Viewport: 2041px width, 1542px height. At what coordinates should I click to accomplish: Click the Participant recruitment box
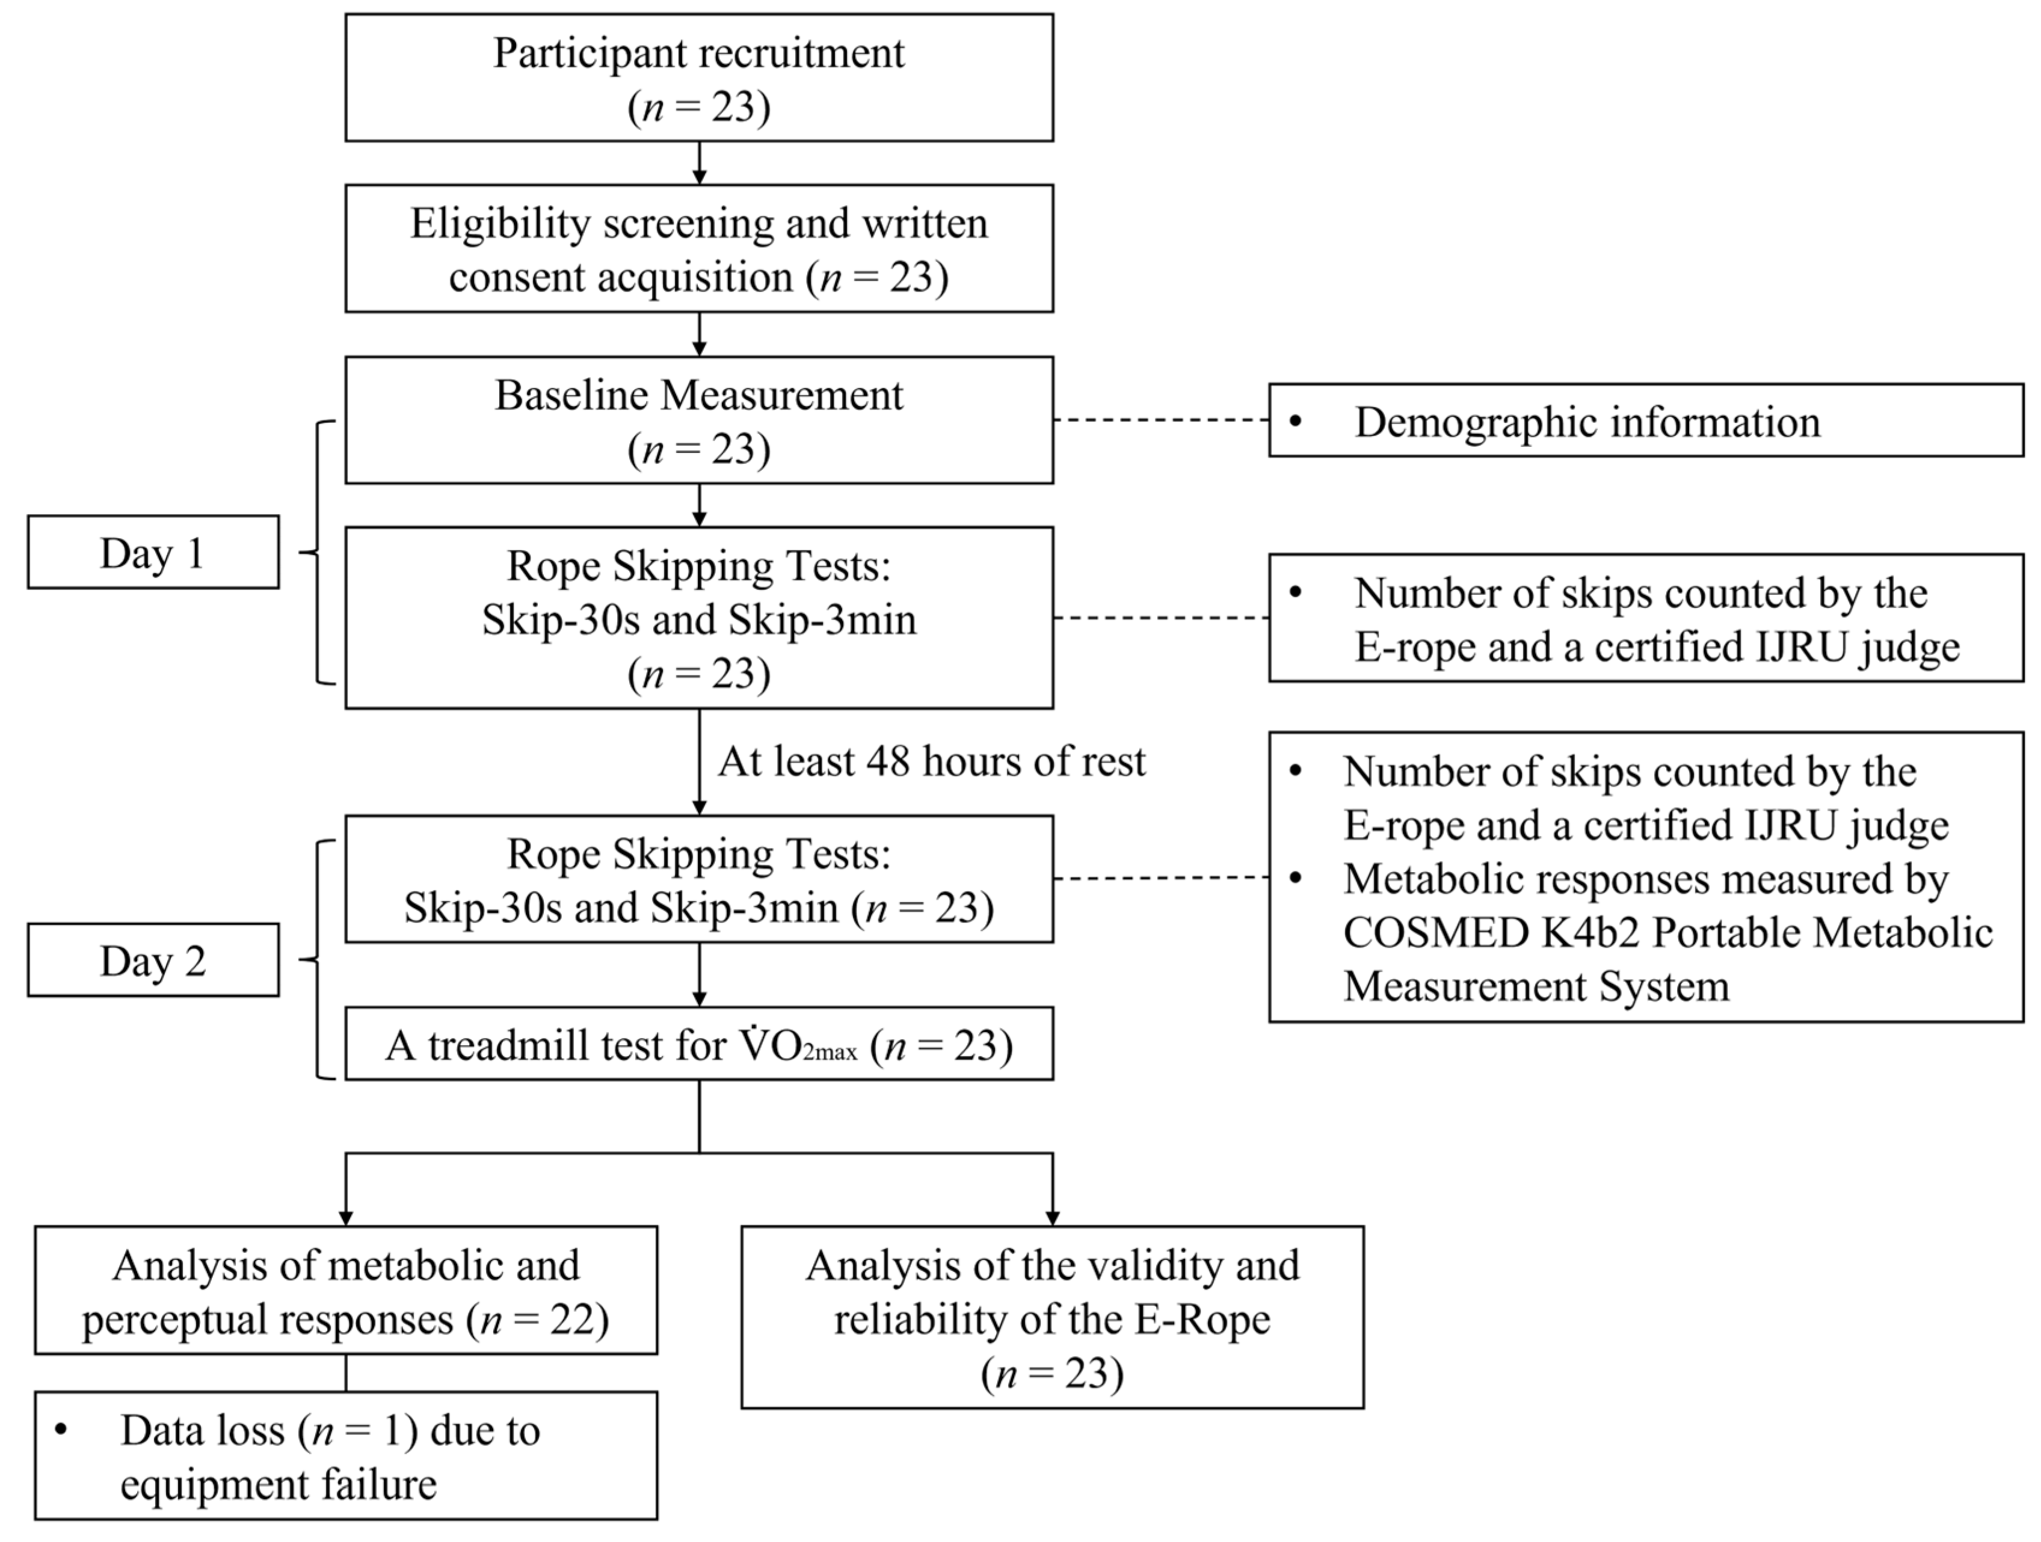pyautogui.click(x=698, y=78)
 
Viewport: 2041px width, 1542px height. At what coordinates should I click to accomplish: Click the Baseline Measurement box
pyautogui.click(x=698, y=420)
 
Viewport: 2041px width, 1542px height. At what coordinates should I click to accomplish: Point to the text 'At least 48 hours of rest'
pyautogui.click(x=931, y=762)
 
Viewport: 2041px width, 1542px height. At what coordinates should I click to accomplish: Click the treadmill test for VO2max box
pyautogui.click(x=698, y=1044)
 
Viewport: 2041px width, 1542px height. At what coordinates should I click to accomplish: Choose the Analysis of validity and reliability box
pyautogui.click(x=1052, y=1317)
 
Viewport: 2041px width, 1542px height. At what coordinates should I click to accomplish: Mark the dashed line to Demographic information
pyautogui.click(x=1161, y=420)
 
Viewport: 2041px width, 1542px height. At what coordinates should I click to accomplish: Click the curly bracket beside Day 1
pyautogui.click(x=318, y=553)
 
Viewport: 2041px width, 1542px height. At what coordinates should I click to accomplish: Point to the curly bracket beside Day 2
pyautogui.click(x=318, y=960)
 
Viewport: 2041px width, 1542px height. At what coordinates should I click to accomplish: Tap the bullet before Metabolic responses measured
pyautogui.click(x=1296, y=878)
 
